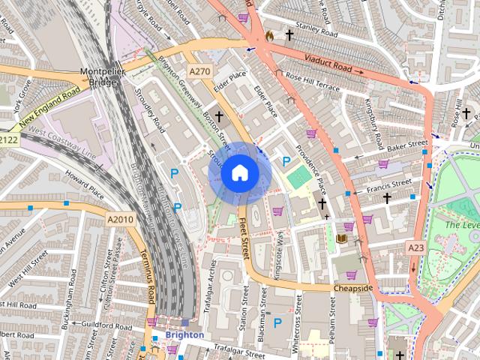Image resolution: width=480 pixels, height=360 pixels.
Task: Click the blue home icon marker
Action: coord(239,173)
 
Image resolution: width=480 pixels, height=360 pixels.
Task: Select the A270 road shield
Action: coord(199,71)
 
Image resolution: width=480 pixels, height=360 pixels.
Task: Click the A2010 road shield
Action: coord(119,219)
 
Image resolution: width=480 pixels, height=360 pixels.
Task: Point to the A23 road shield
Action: coord(415,247)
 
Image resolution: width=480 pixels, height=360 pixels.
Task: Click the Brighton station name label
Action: coord(184,334)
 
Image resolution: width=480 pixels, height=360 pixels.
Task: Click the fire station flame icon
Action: coord(269,35)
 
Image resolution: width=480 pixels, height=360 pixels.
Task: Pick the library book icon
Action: coord(341,239)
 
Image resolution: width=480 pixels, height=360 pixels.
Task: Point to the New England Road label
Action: coord(49,106)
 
